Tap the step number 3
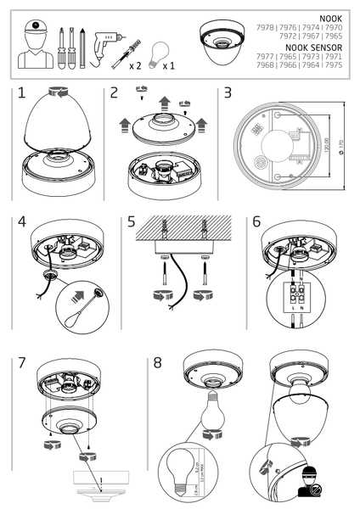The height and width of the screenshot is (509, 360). coord(228,94)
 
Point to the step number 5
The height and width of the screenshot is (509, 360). coord(131,222)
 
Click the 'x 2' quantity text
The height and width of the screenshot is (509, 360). coord(136,64)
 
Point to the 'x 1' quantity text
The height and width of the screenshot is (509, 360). coord(169,64)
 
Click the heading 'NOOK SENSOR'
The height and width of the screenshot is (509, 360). coord(318,48)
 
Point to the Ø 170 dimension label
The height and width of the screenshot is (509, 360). coord(340,151)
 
